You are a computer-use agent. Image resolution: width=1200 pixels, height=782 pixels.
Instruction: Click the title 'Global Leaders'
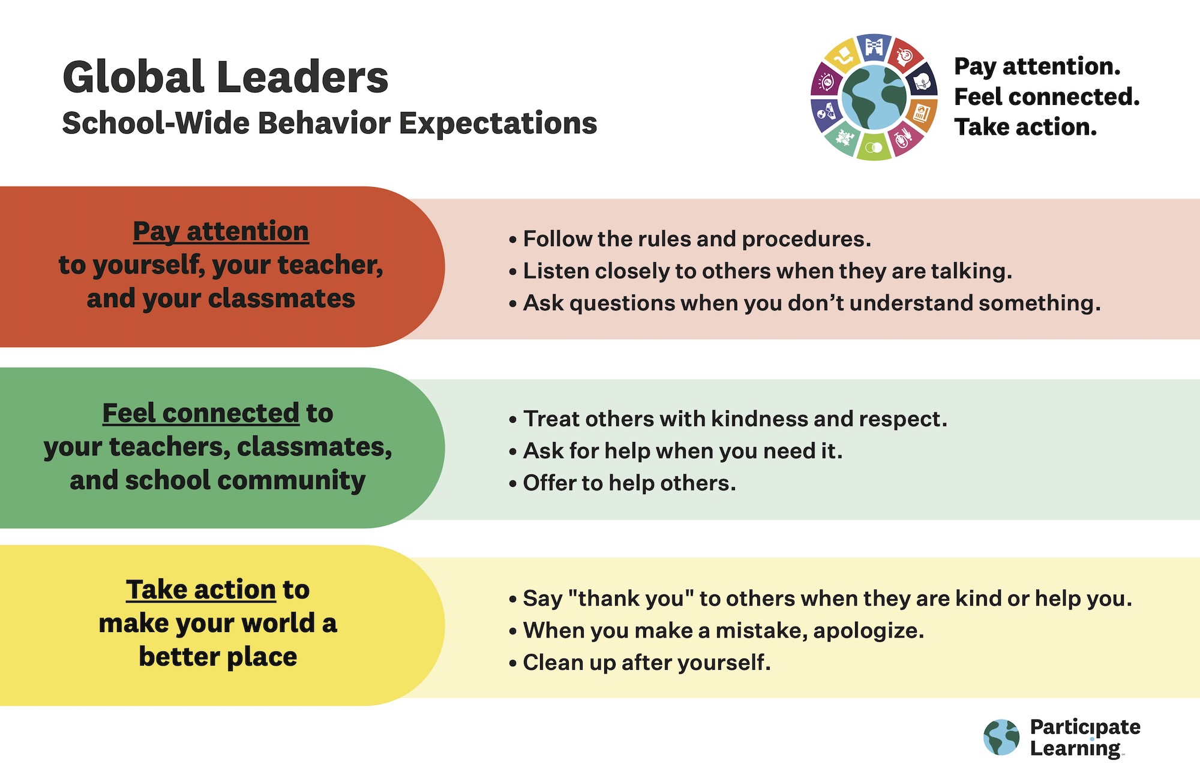tap(226, 77)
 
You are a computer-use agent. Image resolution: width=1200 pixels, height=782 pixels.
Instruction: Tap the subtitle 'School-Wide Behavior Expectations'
tap(329, 124)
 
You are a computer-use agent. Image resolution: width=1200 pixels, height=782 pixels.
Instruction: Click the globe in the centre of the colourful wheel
tap(874, 97)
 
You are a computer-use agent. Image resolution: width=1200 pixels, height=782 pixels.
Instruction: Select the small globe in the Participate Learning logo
tap(1001, 737)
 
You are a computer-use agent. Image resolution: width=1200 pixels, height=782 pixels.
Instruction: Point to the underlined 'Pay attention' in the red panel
tap(221, 231)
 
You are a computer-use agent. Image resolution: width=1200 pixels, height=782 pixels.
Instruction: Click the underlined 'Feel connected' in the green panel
tap(200, 413)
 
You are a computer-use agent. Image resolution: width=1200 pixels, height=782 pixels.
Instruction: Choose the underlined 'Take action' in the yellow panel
tap(201, 589)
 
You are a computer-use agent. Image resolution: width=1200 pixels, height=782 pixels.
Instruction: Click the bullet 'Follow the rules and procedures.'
tap(689, 239)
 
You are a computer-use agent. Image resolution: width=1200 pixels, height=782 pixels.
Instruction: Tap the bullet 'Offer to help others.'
tap(622, 483)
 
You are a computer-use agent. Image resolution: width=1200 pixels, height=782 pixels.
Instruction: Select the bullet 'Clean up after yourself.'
tap(639, 663)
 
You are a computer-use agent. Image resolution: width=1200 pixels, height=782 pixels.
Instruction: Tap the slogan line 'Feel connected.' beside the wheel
tap(1047, 97)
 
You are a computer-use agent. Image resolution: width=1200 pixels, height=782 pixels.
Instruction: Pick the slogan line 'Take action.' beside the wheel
tap(1025, 127)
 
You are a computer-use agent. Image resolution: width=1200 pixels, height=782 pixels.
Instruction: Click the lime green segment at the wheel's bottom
tap(874, 146)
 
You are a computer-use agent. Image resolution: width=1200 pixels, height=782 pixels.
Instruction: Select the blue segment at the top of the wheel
tap(874, 47)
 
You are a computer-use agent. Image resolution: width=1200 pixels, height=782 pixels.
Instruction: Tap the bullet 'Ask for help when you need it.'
tap(675, 451)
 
